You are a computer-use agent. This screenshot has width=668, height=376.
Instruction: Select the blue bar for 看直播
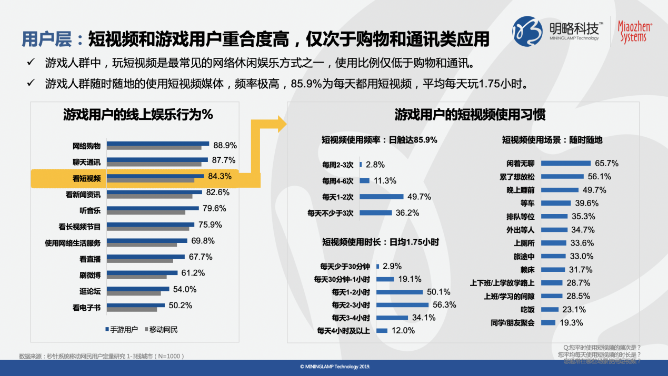(x=146, y=257)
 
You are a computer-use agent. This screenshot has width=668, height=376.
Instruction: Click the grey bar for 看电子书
(x=132, y=309)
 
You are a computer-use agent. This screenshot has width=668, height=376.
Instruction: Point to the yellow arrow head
(x=282, y=125)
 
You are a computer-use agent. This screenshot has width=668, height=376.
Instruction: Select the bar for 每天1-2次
(x=382, y=197)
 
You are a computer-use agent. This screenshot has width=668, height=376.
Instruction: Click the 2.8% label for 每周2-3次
(x=374, y=165)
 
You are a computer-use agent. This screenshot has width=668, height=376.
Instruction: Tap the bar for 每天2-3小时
(x=403, y=304)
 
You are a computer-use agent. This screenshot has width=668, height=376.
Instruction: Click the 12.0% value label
(x=403, y=331)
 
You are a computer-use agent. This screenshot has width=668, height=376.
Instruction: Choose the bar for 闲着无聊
(x=566, y=164)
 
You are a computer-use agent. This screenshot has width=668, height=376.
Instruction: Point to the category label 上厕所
(x=524, y=243)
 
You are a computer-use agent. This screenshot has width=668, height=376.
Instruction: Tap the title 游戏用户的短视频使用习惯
(x=470, y=115)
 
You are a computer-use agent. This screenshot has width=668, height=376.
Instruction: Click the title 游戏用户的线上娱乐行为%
(x=138, y=114)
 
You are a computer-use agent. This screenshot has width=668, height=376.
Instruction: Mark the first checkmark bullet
(x=31, y=64)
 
